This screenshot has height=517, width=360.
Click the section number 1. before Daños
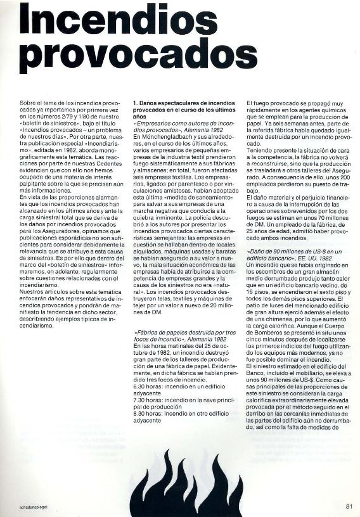tap(134, 101)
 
